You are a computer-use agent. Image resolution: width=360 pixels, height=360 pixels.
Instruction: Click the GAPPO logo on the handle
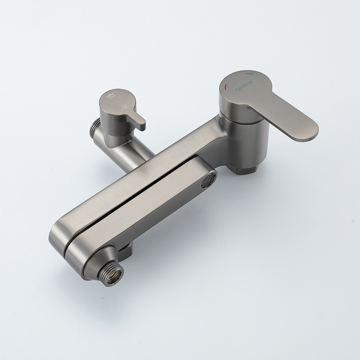244,86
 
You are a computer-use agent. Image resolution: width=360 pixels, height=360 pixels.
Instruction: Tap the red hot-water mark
226,87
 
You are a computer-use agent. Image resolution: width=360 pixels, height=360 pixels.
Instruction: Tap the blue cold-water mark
249,74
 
